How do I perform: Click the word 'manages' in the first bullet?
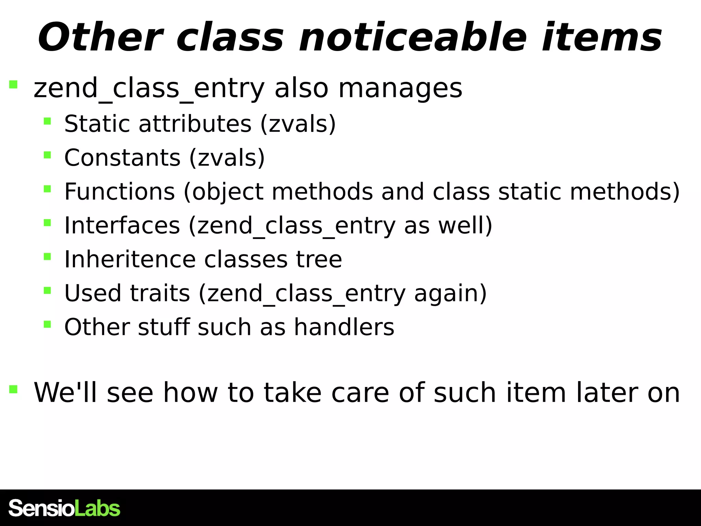400,88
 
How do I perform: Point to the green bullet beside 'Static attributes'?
47,121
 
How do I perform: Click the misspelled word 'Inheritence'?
130,259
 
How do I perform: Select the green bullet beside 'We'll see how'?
13,389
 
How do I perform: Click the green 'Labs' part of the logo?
98,508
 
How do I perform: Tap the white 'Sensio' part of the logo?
41,508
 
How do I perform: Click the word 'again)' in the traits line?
450,293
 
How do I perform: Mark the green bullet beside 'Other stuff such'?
47,324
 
